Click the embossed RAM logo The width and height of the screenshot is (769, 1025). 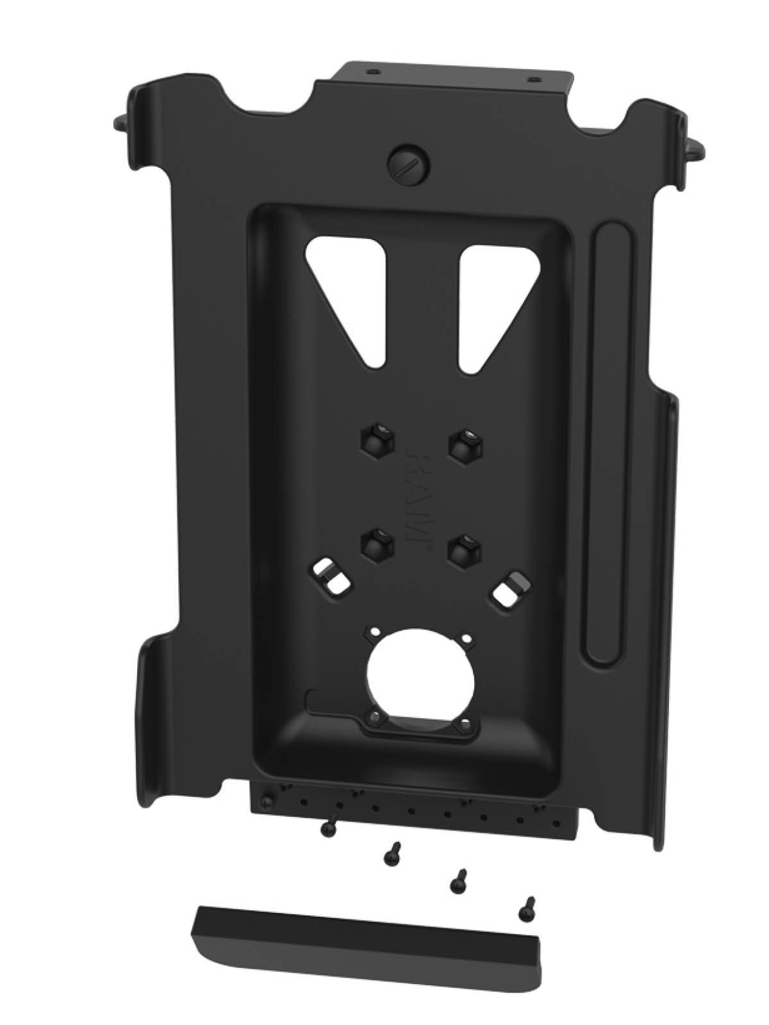point(417,493)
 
